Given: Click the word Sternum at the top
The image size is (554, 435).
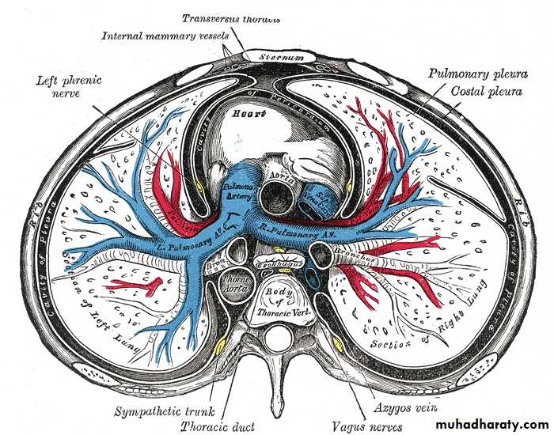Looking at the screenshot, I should (x=267, y=58).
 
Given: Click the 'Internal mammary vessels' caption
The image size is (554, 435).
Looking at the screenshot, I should (x=165, y=36).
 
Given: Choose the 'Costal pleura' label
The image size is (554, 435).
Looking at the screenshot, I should (x=486, y=92).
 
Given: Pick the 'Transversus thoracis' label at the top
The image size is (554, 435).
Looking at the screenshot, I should (x=231, y=18).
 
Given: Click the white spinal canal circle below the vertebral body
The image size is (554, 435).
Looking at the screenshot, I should (x=278, y=342).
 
